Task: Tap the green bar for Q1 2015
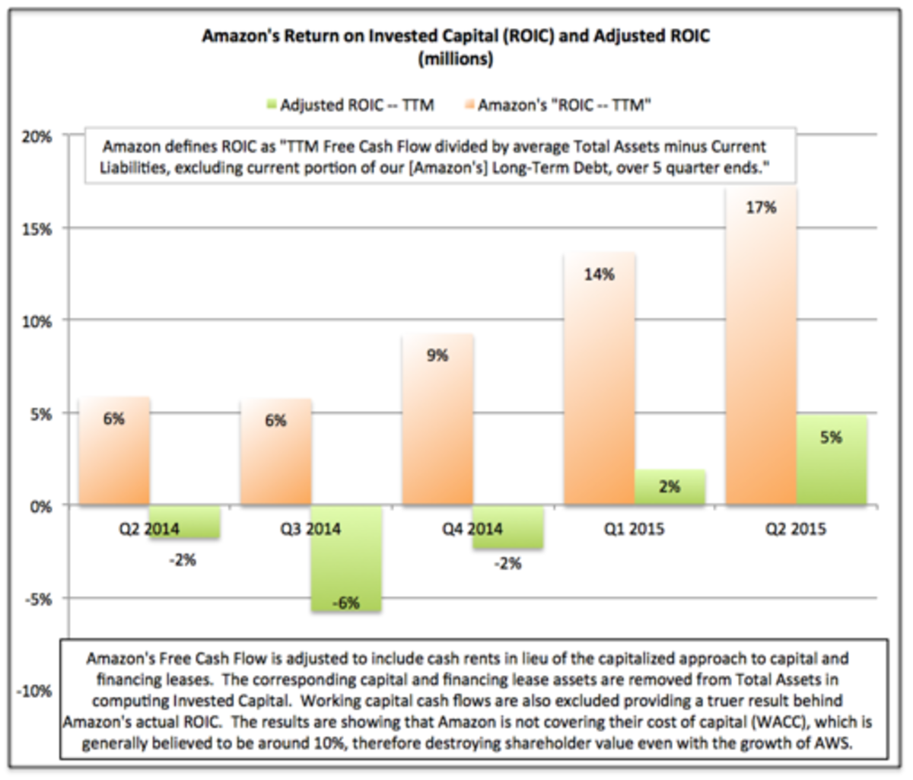point(670,487)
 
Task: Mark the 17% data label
point(762,206)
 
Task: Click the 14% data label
point(600,275)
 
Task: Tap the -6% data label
point(345,603)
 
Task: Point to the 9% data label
point(437,355)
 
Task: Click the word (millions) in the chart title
point(455,59)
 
